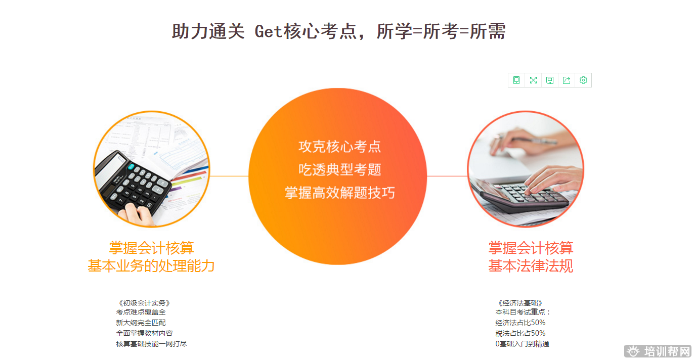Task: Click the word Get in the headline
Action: (x=268, y=31)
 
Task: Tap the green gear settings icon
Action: (x=583, y=80)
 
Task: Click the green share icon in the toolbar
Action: (x=567, y=80)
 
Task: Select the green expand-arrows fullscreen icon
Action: (x=533, y=80)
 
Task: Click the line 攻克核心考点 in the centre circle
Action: (x=339, y=147)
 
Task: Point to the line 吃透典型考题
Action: (x=339, y=169)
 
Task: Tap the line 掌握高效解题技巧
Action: (x=339, y=193)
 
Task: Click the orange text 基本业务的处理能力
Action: (x=151, y=266)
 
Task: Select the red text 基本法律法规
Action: (x=531, y=266)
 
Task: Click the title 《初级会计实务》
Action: (x=144, y=303)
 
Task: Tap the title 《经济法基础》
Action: (x=520, y=303)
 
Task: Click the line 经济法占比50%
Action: (x=520, y=323)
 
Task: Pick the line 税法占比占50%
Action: (x=520, y=333)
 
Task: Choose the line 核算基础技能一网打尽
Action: (x=151, y=344)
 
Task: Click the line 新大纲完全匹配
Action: (x=141, y=323)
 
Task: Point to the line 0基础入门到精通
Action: (x=522, y=344)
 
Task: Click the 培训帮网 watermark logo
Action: (x=658, y=351)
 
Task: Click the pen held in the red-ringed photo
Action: (x=527, y=140)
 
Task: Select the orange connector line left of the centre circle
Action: (x=229, y=176)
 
